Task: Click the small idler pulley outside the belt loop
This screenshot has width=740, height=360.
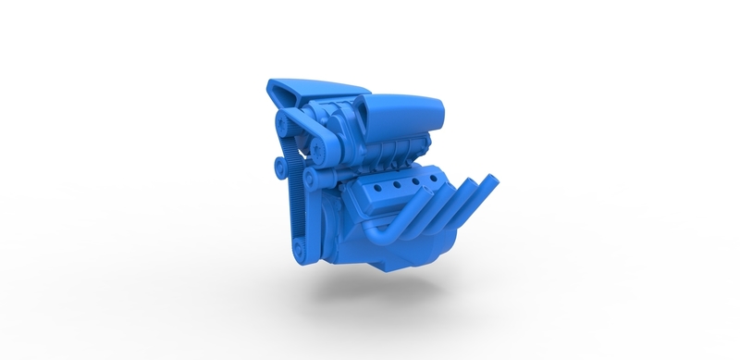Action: click(x=277, y=166)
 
